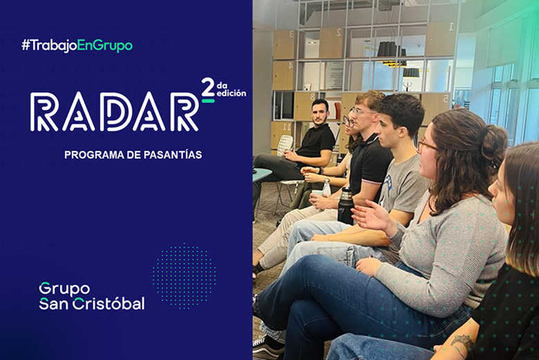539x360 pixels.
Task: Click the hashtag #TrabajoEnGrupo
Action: tap(77, 46)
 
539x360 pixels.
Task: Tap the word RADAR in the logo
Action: tap(114, 112)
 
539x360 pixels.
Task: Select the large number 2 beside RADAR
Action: tap(208, 88)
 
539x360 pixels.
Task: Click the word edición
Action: tap(231, 93)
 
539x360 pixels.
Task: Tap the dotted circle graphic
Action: tap(184, 276)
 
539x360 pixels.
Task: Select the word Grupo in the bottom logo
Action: tap(64, 288)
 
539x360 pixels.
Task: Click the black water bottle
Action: tap(345, 205)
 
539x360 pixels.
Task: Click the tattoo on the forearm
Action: tap(462, 342)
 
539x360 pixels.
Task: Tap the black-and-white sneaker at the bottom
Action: tap(268, 346)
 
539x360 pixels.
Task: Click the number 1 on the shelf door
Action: tap(451, 28)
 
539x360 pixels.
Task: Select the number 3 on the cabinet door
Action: tap(291, 34)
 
